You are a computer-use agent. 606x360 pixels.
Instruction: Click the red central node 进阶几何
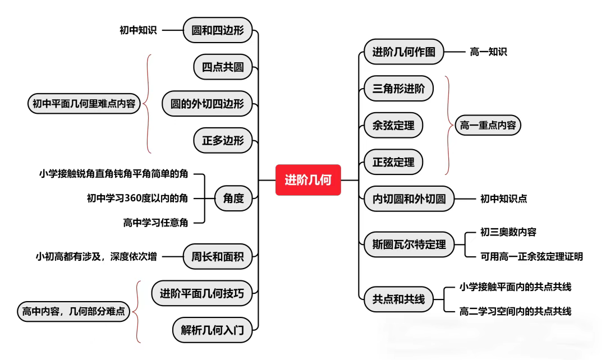[308, 180]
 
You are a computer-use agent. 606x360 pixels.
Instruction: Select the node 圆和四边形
[218, 30]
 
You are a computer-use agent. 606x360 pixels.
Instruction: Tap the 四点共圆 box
[223, 68]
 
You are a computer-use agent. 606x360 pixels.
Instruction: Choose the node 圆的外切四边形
[207, 104]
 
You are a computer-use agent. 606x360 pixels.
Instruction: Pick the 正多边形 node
[223, 141]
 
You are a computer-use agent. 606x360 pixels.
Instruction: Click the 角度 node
[233, 198]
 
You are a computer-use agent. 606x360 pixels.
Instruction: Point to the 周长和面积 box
[218, 257]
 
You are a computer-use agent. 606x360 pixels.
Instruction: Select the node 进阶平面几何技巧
[202, 293]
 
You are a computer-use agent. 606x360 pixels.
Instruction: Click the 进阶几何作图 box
[403, 52]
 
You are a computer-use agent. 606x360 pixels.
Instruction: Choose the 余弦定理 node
[393, 125]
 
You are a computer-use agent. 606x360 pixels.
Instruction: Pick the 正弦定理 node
[393, 162]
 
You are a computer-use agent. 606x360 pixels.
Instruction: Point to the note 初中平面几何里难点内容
[84, 104]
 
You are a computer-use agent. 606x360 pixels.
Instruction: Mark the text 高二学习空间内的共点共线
[515, 311]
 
